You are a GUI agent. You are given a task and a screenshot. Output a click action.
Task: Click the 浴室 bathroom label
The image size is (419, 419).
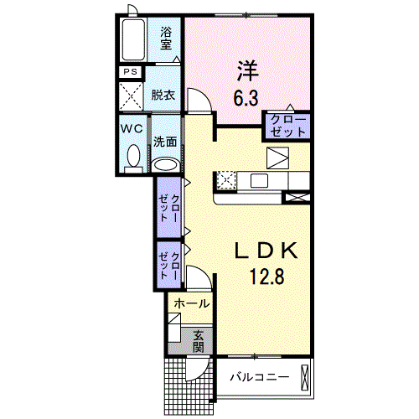[166, 39]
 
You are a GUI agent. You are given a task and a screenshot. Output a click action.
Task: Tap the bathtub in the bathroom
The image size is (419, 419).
[133, 39]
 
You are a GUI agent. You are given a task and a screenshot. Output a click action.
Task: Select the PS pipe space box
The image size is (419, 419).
[131, 72]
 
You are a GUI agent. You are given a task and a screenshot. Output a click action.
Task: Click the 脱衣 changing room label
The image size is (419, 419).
[163, 96]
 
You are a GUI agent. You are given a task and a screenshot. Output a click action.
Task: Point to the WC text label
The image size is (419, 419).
[132, 129]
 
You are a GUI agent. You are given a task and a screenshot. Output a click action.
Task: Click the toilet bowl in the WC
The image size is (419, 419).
[133, 156]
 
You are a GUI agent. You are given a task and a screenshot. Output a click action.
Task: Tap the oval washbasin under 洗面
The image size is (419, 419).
[166, 165]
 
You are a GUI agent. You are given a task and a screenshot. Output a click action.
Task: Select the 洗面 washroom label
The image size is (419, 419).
[165, 142]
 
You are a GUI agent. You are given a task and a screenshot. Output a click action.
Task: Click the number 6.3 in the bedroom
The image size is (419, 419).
[246, 98]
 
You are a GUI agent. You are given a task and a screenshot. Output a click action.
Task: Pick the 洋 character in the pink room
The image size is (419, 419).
[248, 71]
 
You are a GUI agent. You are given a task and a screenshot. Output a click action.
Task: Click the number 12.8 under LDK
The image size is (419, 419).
[267, 276]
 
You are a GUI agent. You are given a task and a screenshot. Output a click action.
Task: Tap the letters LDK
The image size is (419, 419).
[266, 251]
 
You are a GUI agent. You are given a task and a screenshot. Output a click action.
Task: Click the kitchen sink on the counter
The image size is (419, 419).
[259, 181]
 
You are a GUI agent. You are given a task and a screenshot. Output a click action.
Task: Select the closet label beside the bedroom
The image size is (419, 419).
[288, 126]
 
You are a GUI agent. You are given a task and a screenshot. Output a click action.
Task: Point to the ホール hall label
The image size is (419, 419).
[192, 303]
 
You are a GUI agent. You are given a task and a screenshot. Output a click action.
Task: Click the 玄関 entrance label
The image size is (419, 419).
[199, 341]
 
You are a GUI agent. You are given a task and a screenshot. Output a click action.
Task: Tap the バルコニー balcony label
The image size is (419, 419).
[260, 377]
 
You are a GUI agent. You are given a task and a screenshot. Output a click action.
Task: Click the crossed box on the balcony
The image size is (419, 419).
[304, 378]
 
